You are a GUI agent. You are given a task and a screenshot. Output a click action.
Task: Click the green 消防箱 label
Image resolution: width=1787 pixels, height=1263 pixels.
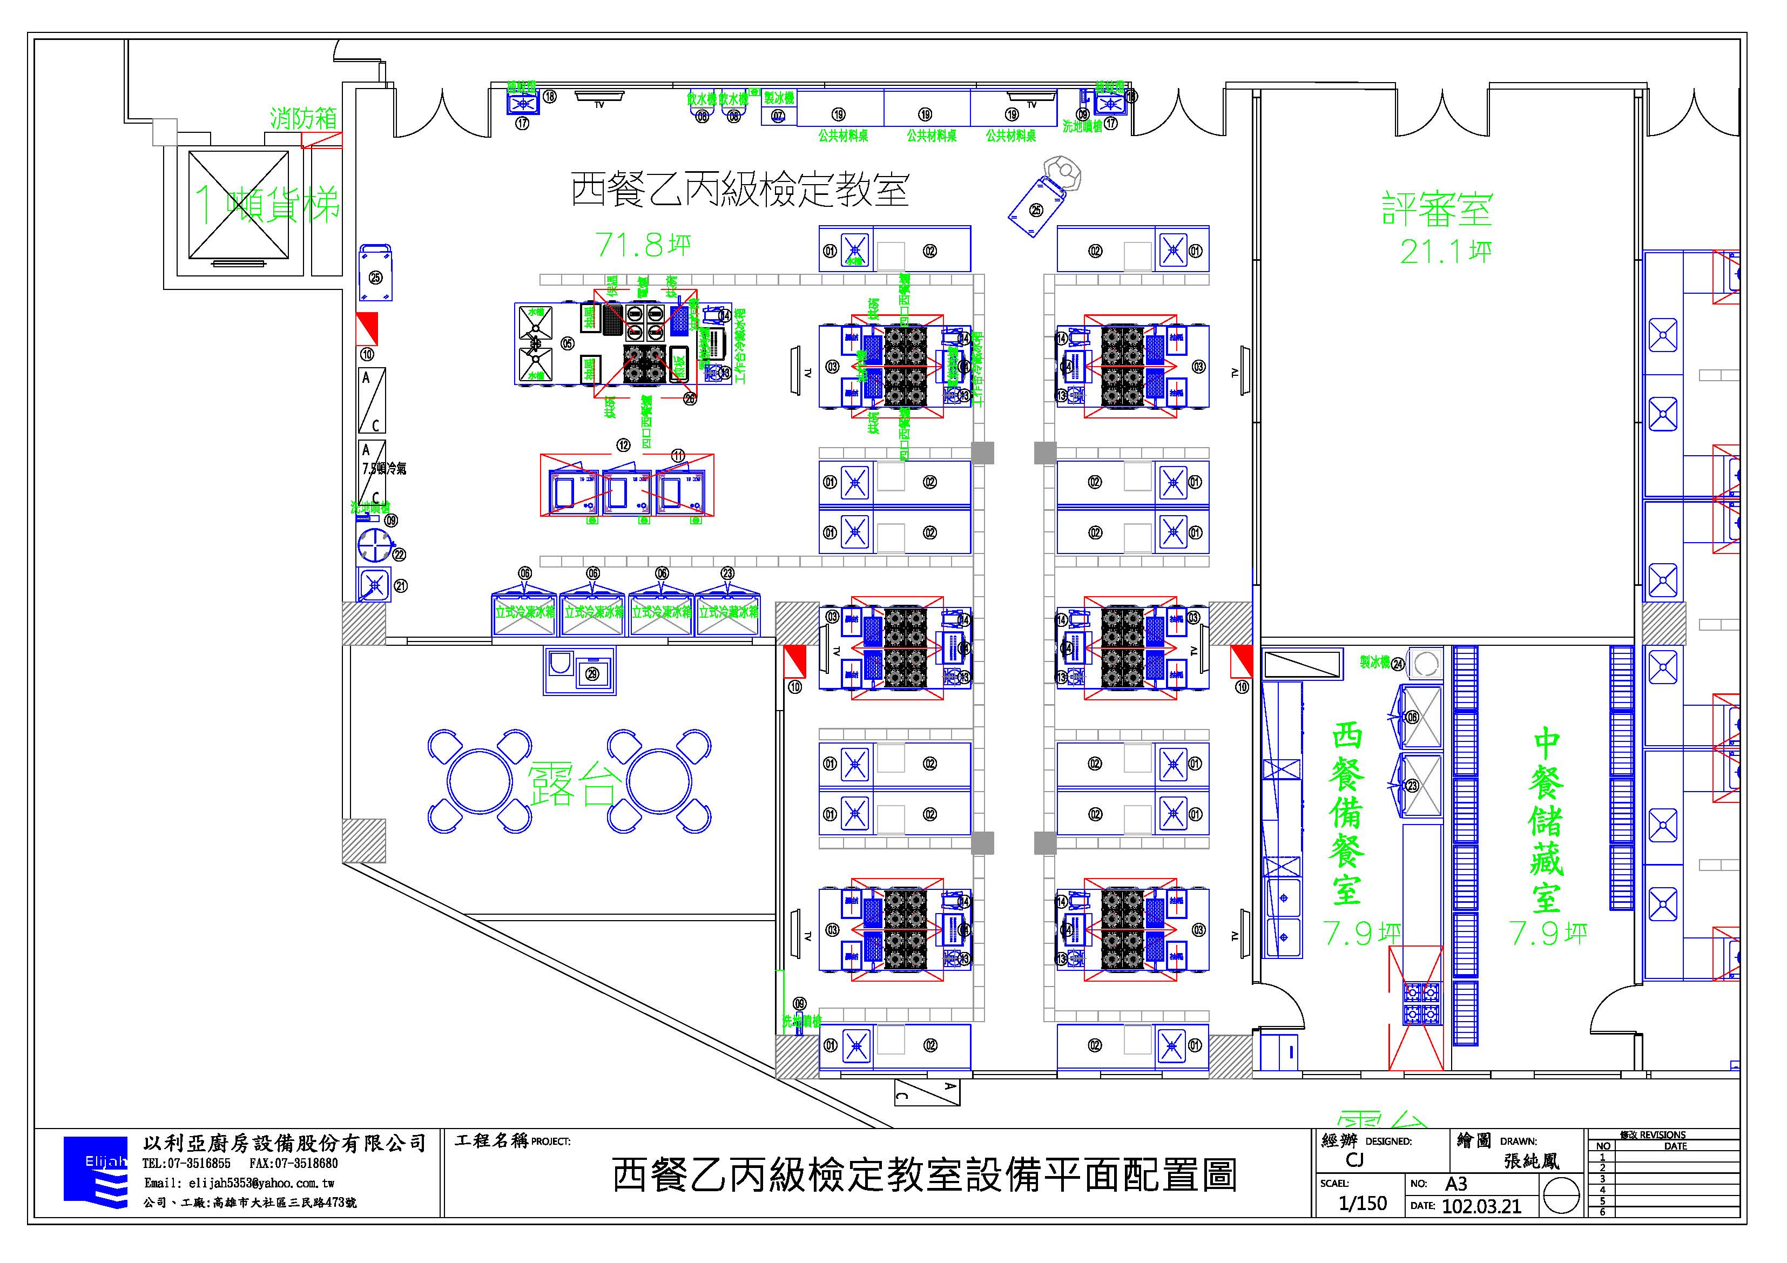click(304, 118)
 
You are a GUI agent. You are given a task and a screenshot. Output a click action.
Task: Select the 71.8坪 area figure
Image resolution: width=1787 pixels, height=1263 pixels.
click(643, 245)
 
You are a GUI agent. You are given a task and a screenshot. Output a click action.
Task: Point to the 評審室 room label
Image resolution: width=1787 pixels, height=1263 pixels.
click(1437, 208)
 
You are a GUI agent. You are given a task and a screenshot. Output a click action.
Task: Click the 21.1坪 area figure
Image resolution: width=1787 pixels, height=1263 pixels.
click(1445, 251)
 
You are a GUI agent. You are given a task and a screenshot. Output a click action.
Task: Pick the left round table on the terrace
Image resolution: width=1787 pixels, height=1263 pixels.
click(480, 780)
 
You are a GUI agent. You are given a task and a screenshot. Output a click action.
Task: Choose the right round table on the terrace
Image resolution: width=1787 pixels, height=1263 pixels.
click(659, 780)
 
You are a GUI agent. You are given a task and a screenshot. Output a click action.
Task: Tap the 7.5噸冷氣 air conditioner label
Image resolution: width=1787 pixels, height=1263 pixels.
click(384, 469)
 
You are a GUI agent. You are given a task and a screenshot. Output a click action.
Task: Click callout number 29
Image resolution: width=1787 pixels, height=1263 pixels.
click(592, 673)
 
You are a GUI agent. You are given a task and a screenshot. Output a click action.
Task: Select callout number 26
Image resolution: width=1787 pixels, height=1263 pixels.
click(690, 399)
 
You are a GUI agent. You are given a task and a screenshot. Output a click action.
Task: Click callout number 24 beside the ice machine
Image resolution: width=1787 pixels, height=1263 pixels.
click(1398, 664)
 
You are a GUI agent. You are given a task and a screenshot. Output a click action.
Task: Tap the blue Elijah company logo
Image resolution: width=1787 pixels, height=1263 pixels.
click(95, 1173)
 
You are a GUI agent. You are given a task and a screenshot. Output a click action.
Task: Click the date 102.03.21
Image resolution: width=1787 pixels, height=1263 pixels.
click(1481, 1206)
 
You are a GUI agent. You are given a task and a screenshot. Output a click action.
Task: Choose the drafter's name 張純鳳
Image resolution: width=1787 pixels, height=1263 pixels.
click(1532, 1160)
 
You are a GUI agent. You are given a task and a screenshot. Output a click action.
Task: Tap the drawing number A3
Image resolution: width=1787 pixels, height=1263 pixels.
click(1456, 1184)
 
